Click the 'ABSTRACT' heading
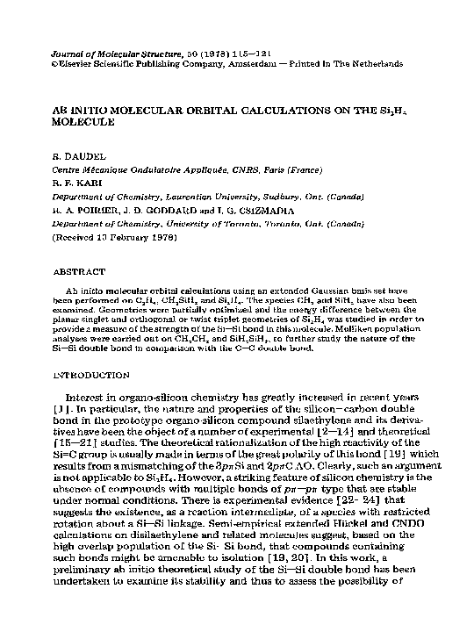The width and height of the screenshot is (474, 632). [79, 272]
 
